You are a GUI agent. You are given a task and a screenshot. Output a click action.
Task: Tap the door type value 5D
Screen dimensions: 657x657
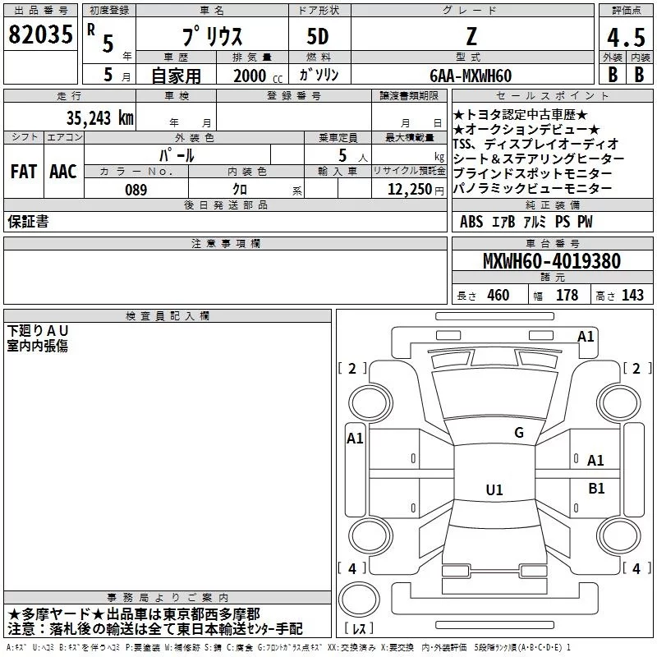point(318,37)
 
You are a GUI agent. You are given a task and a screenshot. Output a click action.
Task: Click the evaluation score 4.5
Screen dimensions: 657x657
point(624,38)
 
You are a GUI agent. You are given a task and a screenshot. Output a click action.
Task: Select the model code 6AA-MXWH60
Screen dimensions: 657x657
point(471,76)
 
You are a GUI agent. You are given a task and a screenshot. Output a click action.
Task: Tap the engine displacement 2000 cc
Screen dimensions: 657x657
point(250,76)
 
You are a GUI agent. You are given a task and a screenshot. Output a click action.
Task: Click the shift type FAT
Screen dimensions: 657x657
point(23,172)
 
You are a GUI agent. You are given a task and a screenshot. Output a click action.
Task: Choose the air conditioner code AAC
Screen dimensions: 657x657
point(63,172)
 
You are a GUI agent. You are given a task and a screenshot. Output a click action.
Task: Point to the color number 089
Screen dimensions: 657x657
point(136,190)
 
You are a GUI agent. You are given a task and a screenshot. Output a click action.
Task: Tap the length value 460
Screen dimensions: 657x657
point(498,296)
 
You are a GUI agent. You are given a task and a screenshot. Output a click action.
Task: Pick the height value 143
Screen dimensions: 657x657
point(633,296)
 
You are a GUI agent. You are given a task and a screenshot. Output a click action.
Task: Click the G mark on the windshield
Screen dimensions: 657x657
point(519,433)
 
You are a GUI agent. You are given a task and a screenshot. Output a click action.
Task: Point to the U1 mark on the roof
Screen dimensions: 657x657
point(494,490)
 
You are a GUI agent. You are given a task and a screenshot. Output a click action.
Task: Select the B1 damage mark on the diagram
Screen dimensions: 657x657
point(596,489)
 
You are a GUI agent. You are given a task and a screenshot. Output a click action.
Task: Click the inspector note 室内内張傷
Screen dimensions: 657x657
point(38,346)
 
